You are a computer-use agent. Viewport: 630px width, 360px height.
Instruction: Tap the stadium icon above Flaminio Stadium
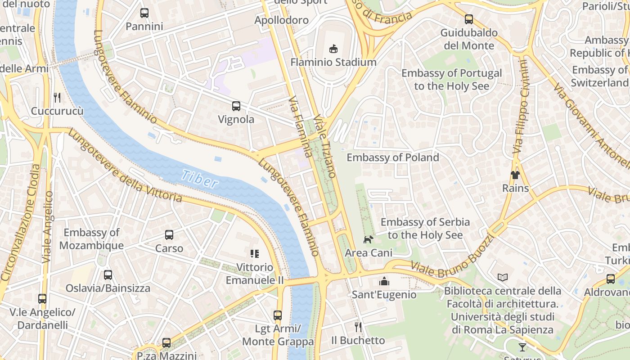coord(333,49)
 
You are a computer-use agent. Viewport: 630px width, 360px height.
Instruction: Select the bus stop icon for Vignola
coord(236,106)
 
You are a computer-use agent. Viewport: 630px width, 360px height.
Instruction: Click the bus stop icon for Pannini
coord(144,13)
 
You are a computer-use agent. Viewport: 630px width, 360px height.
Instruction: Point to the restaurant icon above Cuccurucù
coord(57,98)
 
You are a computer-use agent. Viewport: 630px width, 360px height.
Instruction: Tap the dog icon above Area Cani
coord(369,239)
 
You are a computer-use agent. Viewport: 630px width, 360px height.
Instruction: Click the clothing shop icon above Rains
coord(515,175)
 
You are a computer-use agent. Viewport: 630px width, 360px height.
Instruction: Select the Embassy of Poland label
coord(392,157)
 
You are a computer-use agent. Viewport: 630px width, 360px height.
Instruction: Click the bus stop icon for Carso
coord(169,235)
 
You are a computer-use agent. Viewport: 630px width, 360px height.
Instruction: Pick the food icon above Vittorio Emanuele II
coord(255,254)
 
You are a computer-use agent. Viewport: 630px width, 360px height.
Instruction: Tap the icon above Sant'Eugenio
coord(384,281)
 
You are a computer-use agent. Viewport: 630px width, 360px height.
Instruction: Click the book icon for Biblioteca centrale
coord(503,278)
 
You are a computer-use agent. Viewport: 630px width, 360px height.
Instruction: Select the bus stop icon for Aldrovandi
coord(611,279)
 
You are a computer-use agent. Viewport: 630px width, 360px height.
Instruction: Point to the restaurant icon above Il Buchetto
coord(358,327)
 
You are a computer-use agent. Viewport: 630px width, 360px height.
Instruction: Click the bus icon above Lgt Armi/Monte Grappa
coord(278,315)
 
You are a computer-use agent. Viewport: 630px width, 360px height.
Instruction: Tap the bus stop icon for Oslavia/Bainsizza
coord(108,274)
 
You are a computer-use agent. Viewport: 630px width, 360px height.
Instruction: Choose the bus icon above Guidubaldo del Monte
coord(469,19)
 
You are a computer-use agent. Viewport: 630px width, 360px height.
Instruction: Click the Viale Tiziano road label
coord(325,145)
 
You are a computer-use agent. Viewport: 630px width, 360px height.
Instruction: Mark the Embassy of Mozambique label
coord(91,239)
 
